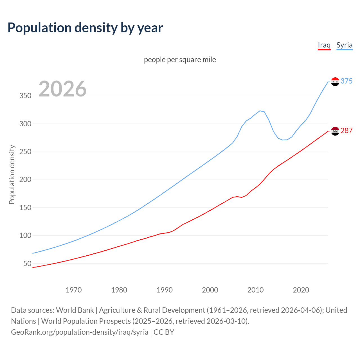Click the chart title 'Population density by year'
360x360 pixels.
pos(85,28)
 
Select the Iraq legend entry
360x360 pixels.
pos(324,45)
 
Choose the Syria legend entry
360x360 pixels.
pos(344,45)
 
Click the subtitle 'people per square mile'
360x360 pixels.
pos(180,60)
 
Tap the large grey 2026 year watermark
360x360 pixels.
pos(62,89)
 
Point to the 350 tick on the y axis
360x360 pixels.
pos(25,96)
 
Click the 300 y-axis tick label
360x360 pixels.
pos(25,124)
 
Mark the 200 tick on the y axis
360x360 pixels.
pos(25,180)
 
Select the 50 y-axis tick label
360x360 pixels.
pos(27,264)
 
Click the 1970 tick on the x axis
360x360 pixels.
pos(74,290)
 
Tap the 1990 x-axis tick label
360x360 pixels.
pos(165,290)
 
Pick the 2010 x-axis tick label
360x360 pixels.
pos(255,290)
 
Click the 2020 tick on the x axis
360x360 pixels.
pos(301,290)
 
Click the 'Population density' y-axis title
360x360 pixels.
pos(12,174)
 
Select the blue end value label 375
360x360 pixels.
pos(346,81)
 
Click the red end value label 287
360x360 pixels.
pos(346,131)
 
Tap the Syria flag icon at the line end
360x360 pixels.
pos(335,82)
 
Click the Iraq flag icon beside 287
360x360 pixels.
pos(335,131)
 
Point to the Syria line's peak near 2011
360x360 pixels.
pos(260,111)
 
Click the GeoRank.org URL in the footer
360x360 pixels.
pos(80,332)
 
